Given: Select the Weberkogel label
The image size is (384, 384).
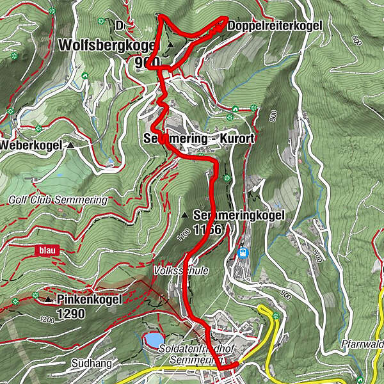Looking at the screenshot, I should [x=31, y=145].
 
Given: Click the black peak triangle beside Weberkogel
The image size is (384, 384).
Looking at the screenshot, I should [x=70, y=145].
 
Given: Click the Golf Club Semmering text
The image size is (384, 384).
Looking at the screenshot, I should [x=58, y=200].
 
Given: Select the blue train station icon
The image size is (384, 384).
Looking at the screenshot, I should [x=244, y=253].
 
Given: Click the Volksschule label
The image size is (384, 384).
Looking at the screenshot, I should [x=180, y=271].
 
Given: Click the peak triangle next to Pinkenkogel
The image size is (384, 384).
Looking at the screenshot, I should [x=48, y=299].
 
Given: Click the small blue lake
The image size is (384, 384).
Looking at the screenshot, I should [x=154, y=339].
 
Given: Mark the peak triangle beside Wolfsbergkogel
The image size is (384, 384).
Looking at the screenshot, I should [x=170, y=45].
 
